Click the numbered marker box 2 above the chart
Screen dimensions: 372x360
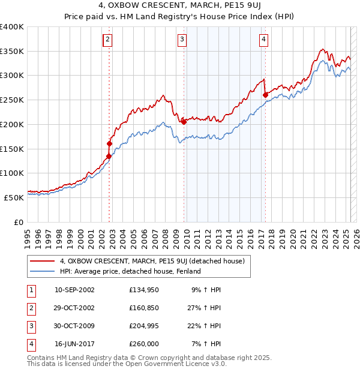(107, 40)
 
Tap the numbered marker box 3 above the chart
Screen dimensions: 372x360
(182, 40)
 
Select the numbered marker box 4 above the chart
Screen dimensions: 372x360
(263, 40)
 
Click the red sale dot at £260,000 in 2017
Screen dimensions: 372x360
(265, 94)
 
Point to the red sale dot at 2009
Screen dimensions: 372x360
(184, 122)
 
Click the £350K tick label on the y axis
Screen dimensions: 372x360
(13, 52)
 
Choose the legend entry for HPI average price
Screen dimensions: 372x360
(130, 271)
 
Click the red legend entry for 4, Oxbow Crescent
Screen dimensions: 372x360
(152, 261)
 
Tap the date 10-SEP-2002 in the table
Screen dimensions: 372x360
(74, 290)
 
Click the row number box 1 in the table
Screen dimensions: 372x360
(29, 290)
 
